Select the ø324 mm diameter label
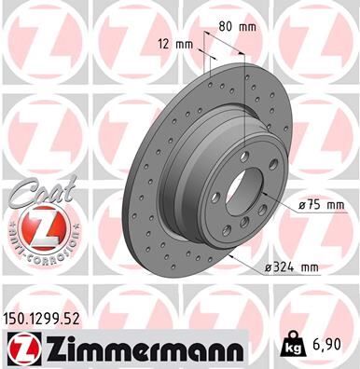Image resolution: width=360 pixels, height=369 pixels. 292,267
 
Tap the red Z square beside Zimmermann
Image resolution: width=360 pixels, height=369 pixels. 19,350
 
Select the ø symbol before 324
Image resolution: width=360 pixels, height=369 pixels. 269,267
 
